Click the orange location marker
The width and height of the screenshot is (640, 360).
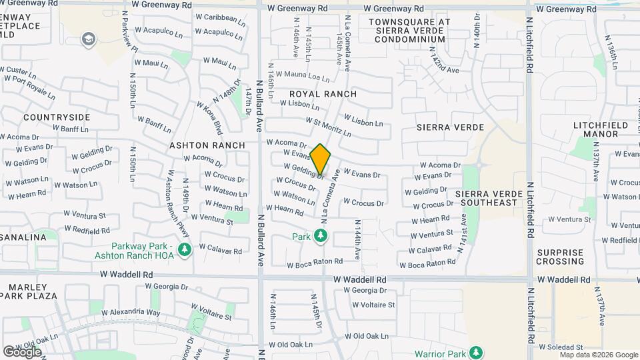pyautogui.click(x=321, y=159)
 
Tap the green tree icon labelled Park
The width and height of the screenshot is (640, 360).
pyautogui.click(x=321, y=235)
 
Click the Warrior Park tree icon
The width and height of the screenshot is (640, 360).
pyautogui.click(x=475, y=352)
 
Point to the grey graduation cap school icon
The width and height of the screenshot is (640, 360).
pyautogui.click(x=88, y=40)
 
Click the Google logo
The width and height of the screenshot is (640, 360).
pyautogui.click(x=22, y=352)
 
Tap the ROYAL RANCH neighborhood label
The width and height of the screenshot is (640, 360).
pyautogui.click(x=323, y=94)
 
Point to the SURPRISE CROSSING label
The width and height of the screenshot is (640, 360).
pyautogui.click(x=560, y=257)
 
